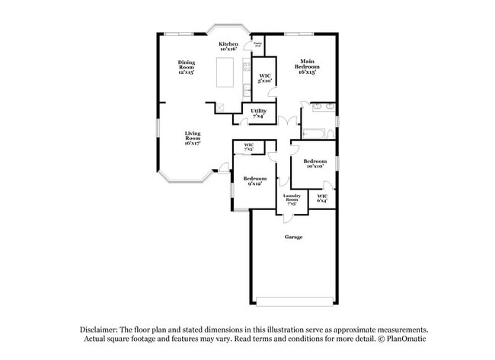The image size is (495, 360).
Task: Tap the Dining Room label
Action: tap(187, 67)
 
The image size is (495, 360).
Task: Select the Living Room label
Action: tap(192, 138)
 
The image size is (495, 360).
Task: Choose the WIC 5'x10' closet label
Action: tap(265, 79)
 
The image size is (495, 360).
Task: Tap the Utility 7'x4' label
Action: tap(258, 113)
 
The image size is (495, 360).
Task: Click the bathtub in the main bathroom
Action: tap(315, 134)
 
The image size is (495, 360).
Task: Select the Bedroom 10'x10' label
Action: tap(314, 164)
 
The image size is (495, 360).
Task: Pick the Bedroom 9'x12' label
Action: tap(254, 181)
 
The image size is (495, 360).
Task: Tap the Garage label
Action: tap(293, 237)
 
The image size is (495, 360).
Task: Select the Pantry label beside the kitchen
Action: tap(258, 45)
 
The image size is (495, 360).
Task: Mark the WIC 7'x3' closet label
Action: tap(248, 146)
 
